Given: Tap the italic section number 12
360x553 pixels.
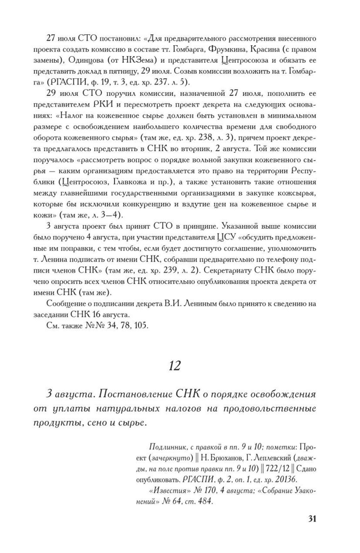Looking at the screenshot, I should [x=175, y=366].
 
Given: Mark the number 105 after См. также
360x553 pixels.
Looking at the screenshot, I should [x=141, y=326].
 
